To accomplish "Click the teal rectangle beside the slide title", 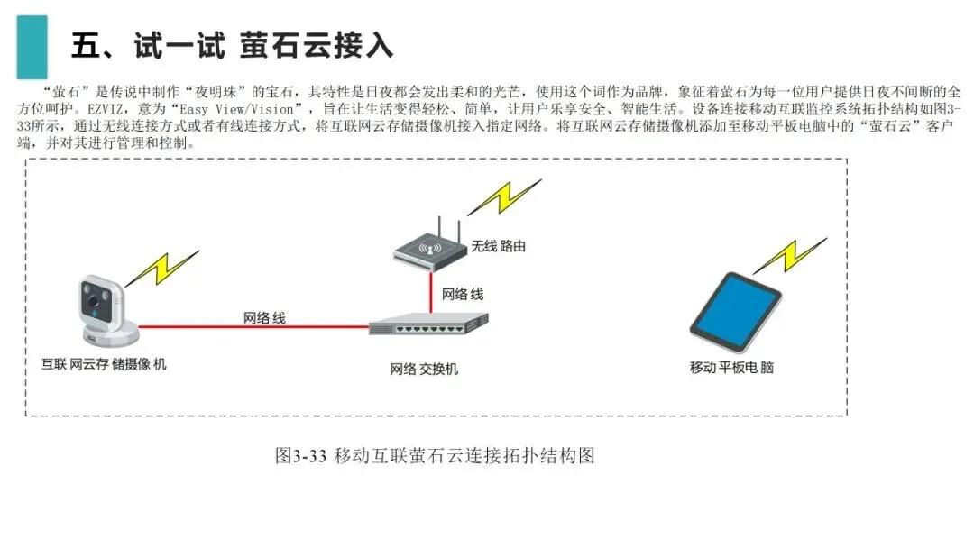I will coord(32,46).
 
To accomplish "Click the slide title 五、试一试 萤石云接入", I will coord(232,46).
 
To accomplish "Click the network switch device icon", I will coord(428,324).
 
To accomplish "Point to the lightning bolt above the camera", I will coord(162,267).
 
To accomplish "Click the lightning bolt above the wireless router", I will coord(504,197).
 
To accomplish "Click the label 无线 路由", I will coord(498,245).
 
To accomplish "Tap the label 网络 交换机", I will coord(424,370).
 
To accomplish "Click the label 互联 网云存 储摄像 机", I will coord(105,365).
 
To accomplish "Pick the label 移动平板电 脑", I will coord(731,368).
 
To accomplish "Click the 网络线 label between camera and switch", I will coord(264,317).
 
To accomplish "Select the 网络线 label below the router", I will coord(462,295).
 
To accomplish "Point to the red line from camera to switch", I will coord(253,328).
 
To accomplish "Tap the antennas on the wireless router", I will coord(430,225).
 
